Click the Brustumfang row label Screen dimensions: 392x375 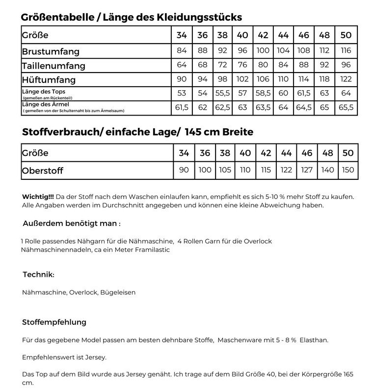51,51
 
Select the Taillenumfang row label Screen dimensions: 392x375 54,66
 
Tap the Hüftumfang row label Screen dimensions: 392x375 49,79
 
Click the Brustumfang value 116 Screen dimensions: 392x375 346,50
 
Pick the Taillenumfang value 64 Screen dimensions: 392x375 182,65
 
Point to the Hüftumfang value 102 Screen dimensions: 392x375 242,79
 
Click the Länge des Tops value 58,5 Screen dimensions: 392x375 263,93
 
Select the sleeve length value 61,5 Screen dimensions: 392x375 182,107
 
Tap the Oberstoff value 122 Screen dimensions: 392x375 286,170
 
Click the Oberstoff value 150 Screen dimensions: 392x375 348,170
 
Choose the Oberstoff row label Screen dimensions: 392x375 43,171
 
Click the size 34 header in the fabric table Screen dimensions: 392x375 184,153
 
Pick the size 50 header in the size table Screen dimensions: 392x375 346,35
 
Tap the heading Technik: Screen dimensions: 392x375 38,274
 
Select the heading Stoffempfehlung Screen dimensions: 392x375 54,322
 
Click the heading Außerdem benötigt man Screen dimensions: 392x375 71,223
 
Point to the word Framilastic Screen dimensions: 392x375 151,250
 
